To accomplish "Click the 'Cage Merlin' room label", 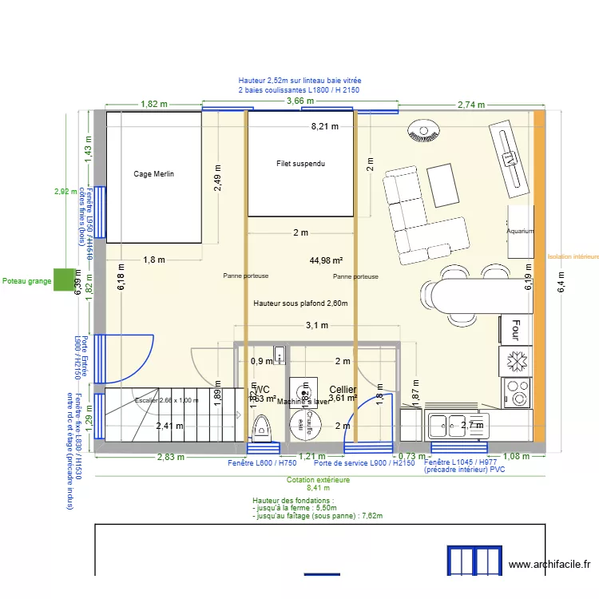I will point(154,173).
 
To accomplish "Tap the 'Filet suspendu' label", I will point(300,164).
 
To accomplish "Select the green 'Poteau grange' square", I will point(62,280).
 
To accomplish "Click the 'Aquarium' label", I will point(519,231).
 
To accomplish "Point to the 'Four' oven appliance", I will point(516,327).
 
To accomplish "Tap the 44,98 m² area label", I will point(326,260).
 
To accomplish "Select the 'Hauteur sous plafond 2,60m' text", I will point(300,303).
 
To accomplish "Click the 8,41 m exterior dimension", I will point(318,488).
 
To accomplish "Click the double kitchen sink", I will point(450,425).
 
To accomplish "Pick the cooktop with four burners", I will point(517,394).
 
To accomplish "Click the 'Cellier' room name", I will point(343,389).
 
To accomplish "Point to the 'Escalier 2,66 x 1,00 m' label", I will point(166,400).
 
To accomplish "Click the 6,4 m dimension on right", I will point(561,280).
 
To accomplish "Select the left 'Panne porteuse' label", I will point(246,276).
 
